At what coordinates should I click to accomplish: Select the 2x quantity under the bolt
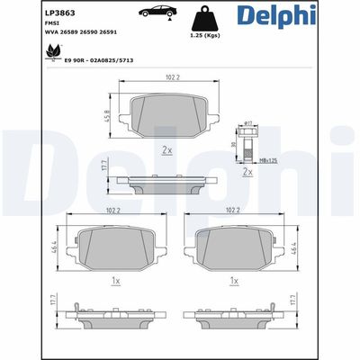point(246,168)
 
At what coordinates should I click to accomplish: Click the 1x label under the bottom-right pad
point(234,281)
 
